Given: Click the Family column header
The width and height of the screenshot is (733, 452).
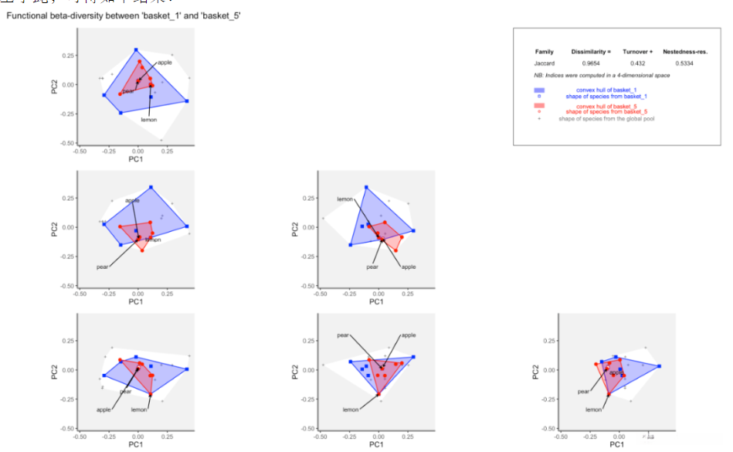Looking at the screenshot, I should [x=545, y=51].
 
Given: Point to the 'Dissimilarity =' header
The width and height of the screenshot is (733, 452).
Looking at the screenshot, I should [x=591, y=51].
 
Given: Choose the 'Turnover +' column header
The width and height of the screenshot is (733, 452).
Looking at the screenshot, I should [x=638, y=51].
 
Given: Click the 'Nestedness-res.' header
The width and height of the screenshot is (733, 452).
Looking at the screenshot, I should [x=685, y=51].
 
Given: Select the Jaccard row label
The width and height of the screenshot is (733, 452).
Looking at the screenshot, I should [x=545, y=63].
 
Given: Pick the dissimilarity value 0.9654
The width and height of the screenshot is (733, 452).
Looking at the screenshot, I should [x=591, y=63].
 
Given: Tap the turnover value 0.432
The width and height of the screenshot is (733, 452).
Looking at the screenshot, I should [x=638, y=63].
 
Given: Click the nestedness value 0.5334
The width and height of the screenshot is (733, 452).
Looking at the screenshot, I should [x=685, y=63].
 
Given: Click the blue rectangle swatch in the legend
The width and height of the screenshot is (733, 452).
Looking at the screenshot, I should [x=539, y=90].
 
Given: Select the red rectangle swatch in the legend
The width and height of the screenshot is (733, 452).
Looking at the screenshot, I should [x=539, y=105].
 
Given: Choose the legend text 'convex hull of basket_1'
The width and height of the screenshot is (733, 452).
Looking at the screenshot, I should [x=606, y=90].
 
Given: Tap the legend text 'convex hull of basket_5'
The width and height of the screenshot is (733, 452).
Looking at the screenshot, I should [x=606, y=106].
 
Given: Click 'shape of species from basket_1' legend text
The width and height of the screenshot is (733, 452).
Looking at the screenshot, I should [x=606, y=96].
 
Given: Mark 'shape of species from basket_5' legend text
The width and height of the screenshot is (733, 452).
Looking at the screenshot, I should [x=606, y=112].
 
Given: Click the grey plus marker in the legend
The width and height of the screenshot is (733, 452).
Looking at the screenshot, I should [x=539, y=118].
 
